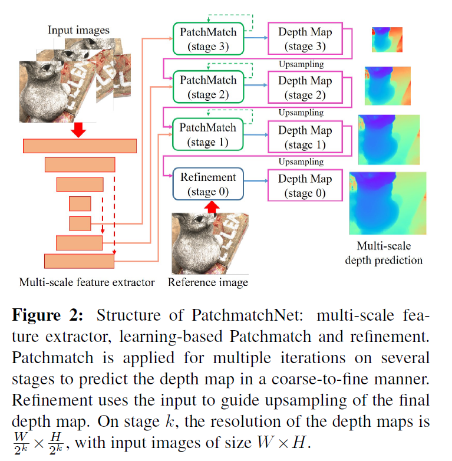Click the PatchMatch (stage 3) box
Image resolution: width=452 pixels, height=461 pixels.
(200, 38)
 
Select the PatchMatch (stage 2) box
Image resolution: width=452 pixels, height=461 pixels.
(200, 87)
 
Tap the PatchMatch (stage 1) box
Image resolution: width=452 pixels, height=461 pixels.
(200, 134)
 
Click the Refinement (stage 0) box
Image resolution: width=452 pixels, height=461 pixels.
(200, 184)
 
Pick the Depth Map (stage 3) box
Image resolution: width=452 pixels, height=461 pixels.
(305, 38)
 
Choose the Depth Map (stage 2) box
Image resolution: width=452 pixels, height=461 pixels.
(305, 87)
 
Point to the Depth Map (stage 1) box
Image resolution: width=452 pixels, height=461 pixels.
(305, 136)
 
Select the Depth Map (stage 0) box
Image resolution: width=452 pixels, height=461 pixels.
(305, 185)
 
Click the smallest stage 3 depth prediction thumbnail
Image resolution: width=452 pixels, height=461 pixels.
(387, 40)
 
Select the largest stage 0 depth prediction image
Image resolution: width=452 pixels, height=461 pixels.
(387, 203)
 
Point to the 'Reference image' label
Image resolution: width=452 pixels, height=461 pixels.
(207, 282)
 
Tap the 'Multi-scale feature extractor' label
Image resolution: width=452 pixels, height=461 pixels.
(87, 282)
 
